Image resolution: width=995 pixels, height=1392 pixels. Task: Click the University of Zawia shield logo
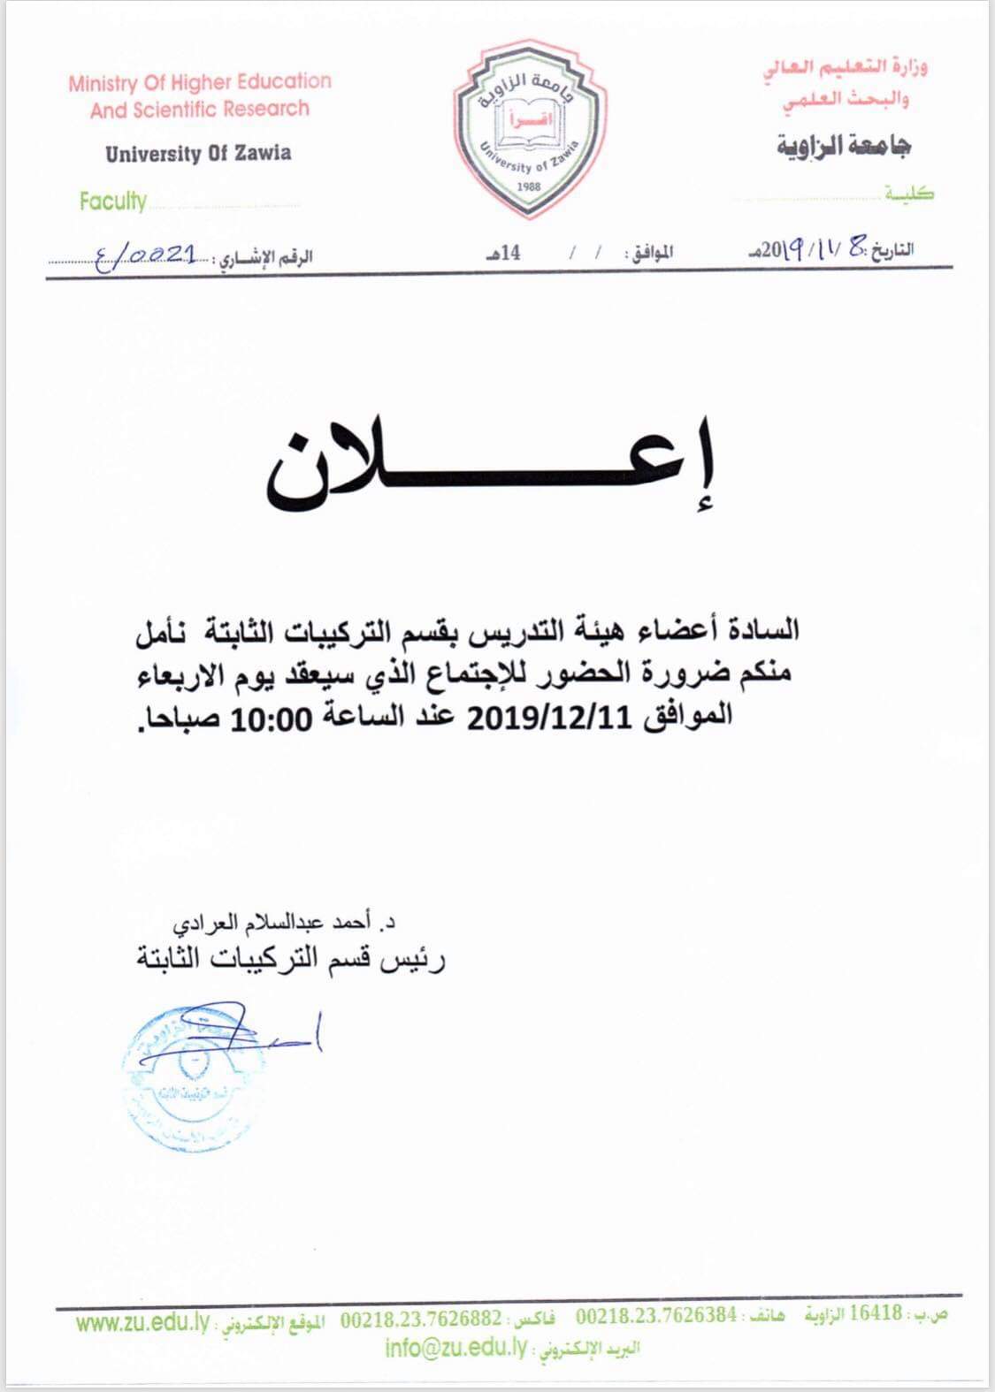point(529,128)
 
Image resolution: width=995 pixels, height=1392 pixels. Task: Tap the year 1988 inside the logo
point(529,186)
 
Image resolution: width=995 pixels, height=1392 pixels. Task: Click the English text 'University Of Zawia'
point(198,154)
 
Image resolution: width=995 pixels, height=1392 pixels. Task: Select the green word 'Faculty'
point(112,202)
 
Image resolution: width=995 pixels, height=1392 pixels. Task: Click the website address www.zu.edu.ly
point(142,1323)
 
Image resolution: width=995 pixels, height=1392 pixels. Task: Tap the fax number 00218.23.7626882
point(421,1318)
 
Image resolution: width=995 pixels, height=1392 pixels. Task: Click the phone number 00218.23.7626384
point(656,1316)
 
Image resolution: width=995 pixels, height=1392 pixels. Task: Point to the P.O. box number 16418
point(876,1313)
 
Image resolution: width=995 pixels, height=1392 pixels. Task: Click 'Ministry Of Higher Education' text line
point(200,83)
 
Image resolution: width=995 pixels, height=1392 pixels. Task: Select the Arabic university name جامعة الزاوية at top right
point(844,146)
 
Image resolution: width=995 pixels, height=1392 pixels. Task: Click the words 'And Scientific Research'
point(200,110)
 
